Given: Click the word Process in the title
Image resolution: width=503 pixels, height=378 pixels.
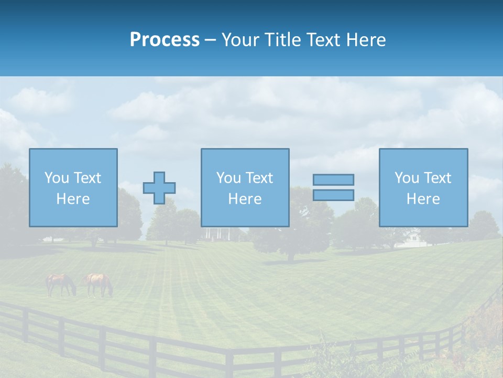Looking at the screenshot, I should point(165,40).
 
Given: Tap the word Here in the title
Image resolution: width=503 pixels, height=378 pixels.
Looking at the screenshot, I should point(366,40).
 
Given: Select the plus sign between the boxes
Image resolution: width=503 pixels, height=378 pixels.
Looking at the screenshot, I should point(159,187).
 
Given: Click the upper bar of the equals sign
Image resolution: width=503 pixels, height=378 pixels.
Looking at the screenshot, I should point(333,180).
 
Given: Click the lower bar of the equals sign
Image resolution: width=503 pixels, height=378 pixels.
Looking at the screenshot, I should point(333,195).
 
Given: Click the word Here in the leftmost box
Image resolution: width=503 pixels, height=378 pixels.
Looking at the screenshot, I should point(73,199).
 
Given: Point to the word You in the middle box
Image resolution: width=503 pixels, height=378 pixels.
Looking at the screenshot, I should point(228,178).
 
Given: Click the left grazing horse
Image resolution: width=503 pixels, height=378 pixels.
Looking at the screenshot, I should point(60,283).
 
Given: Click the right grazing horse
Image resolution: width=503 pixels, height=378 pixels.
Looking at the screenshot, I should point(99,283).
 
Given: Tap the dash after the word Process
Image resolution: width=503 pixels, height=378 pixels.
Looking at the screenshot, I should point(210,40).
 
